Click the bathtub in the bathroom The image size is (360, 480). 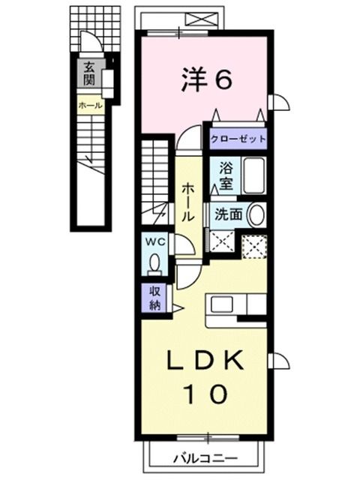point(253,176)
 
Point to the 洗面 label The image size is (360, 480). point(228,213)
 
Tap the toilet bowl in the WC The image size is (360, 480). point(154,264)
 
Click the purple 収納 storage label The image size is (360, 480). point(154,298)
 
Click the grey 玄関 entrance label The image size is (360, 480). point(88,72)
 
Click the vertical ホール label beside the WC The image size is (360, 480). point(187,199)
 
